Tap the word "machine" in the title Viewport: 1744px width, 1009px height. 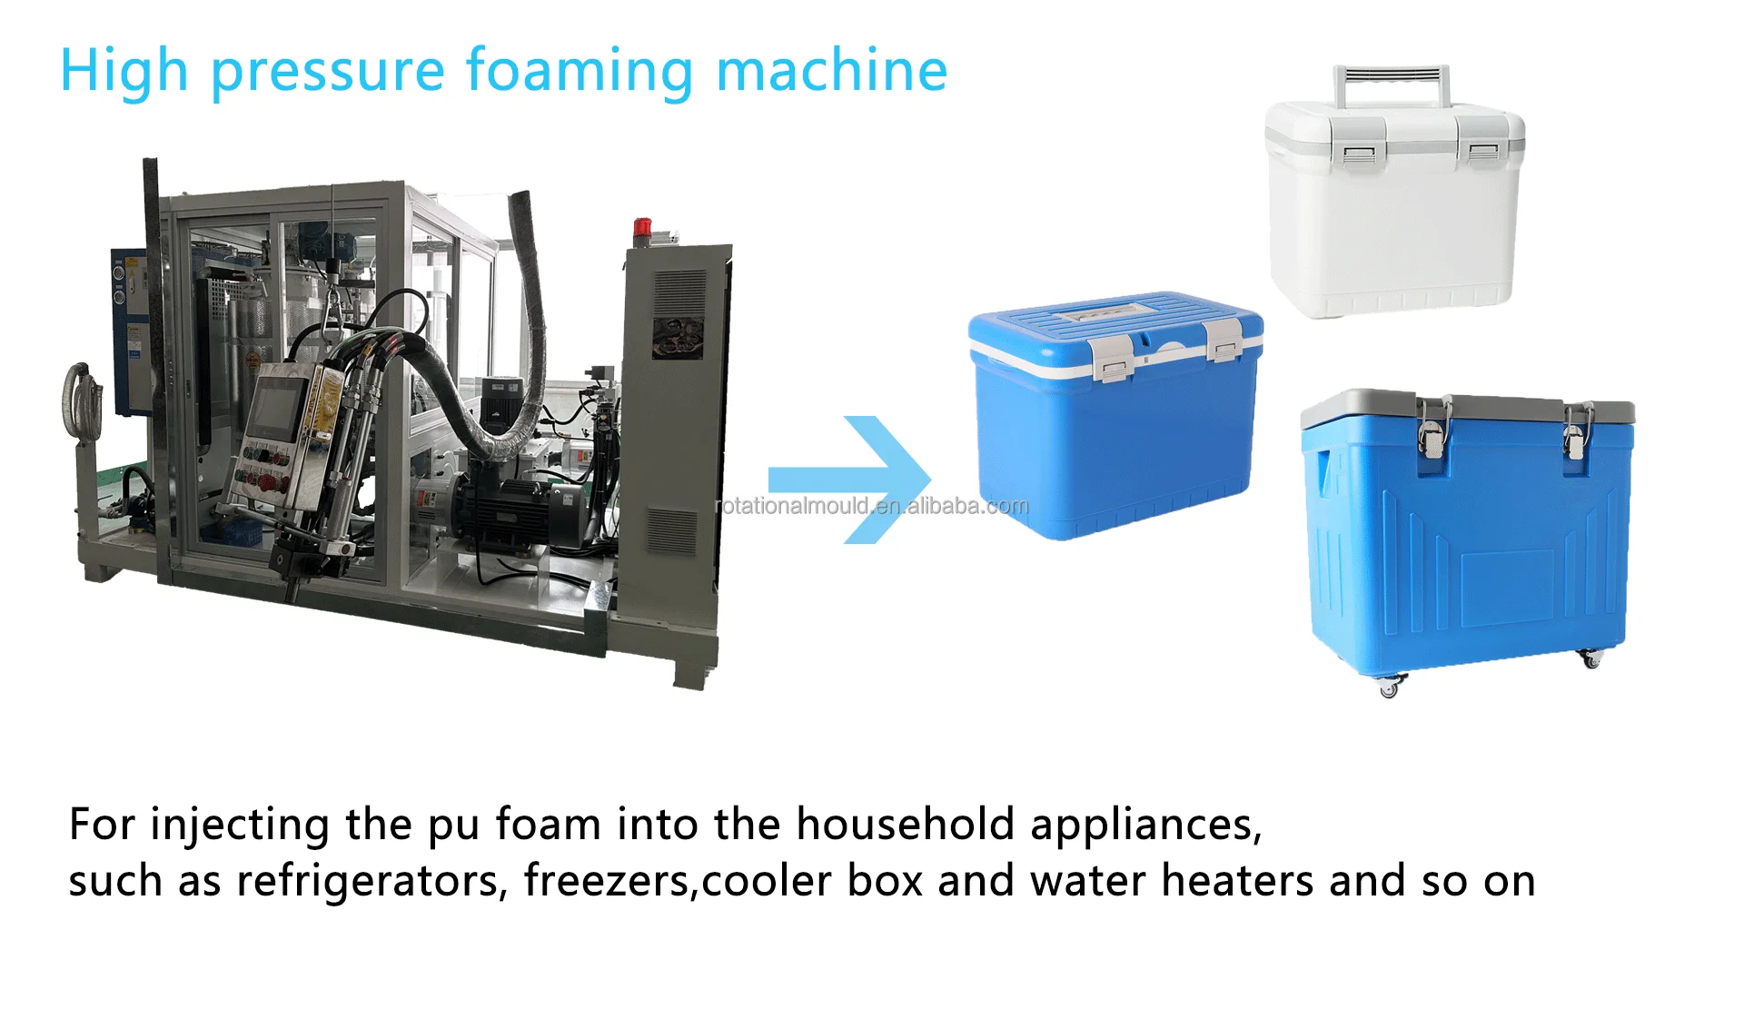click(x=831, y=71)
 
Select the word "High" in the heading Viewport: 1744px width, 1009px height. click(x=124, y=73)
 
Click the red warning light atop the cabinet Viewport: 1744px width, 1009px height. click(x=642, y=228)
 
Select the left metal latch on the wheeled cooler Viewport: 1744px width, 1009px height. click(x=1432, y=428)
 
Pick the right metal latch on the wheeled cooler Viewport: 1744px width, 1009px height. click(x=1576, y=430)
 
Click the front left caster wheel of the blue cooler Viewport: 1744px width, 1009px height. click(x=1389, y=688)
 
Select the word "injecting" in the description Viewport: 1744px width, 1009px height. click(x=240, y=825)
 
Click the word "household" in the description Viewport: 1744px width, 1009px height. click(x=905, y=825)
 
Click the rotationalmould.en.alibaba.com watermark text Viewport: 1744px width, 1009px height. click(x=872, y=506)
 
